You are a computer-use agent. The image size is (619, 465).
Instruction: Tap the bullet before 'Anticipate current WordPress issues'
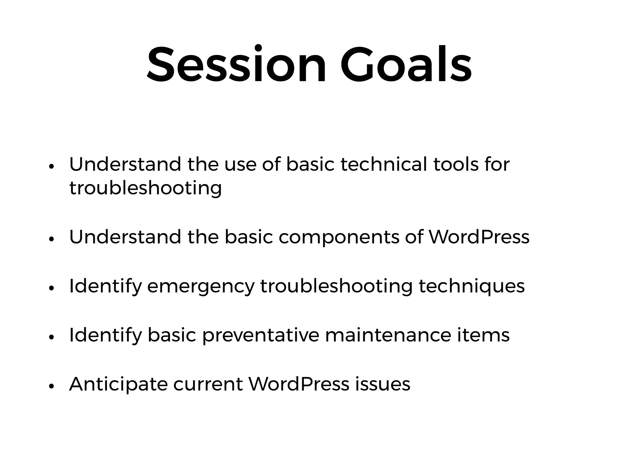pos(51,386)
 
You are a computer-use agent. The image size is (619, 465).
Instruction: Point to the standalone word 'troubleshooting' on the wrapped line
pos(145,188)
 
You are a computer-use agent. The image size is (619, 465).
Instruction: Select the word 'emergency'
pos(201,287)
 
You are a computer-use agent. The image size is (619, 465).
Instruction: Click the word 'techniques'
pos(472,287)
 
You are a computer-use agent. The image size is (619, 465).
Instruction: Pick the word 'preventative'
pos(261,336)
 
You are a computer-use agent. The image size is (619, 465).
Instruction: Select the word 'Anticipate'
pos(118,385)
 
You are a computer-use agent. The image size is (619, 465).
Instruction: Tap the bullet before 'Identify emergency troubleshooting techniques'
pos(51,288)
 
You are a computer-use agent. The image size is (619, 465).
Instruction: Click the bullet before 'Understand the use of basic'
pos(51,167)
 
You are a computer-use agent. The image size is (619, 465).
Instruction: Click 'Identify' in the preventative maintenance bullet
pos(105,336)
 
